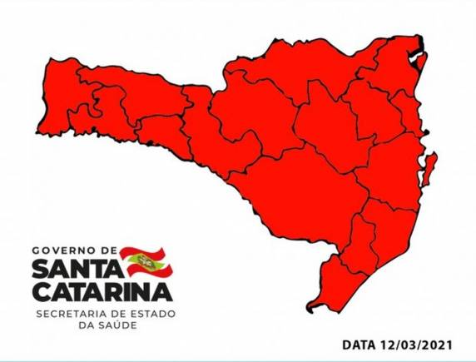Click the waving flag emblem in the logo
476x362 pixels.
click(143, 260)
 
